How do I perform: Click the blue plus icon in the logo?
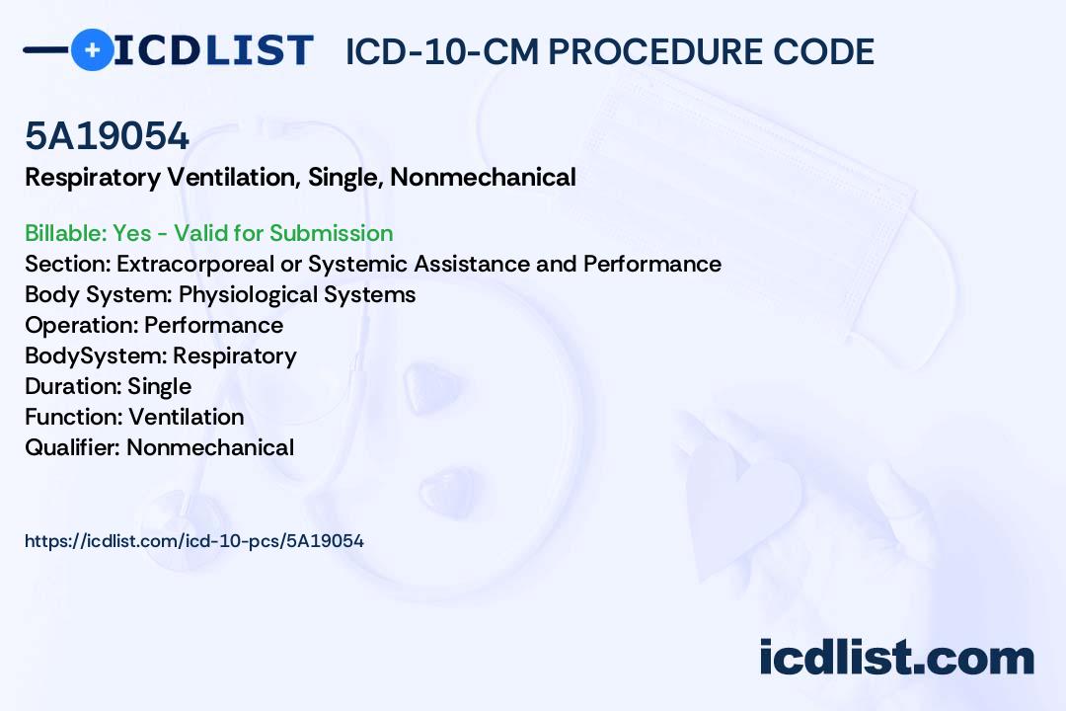[x=92, y=49]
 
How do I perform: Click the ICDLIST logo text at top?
[x=213, y=50]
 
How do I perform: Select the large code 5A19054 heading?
[x=107, y=135]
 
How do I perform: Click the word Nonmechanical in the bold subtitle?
[x=483, y=177]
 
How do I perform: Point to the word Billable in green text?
[x=65, y=233]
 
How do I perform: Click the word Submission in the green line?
[x=331, y=233]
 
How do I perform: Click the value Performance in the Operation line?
[x=213, y=325]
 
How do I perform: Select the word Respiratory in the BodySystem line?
[x=235, y=355]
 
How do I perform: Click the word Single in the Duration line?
[x=159, y=386]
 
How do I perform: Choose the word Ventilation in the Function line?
[x=187, y=417]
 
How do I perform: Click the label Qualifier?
[x=73, y=447]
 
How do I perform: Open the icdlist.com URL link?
[x=194, y=541]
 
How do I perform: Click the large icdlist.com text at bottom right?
[x=896, y=658]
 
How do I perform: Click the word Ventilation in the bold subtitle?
[x=234, y=177]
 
